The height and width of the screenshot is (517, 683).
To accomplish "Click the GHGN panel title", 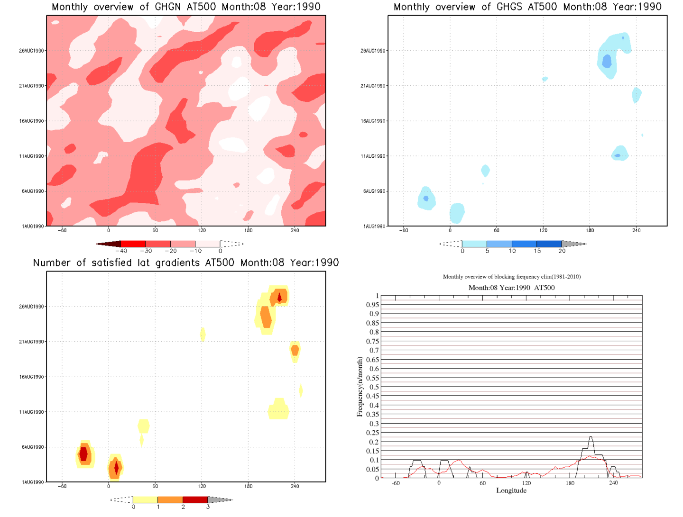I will tap(186, 7).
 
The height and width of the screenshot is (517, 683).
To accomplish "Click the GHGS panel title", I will tap(527, 7).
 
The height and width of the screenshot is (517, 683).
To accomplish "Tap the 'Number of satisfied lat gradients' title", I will tap(186, 263).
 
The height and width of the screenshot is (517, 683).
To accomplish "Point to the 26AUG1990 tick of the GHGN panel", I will tap(32, 51).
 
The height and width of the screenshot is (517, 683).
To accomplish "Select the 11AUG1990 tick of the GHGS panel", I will tap(373, 156).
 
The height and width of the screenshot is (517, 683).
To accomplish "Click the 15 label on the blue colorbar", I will tap(537, 251).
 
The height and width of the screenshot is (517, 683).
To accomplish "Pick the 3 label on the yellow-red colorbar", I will tap(208, 507).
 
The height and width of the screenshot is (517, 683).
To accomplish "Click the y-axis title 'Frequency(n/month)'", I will tap(360, 387).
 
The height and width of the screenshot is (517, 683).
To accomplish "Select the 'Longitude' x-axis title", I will tap(511, 490).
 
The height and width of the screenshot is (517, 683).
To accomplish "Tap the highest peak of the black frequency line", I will tap(591, 437).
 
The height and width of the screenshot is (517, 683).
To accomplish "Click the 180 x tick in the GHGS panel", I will tap(590, 230).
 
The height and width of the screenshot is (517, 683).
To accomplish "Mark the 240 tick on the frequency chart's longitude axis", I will tap(613, 483).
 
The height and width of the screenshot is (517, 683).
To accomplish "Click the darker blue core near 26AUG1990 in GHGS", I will tap(607, 61).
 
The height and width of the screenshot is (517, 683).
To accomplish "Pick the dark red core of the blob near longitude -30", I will tap(83, 454).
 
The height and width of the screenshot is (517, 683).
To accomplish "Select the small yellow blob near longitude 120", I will tap(203, 334).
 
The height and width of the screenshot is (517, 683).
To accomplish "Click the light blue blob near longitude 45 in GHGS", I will tap(485, 171).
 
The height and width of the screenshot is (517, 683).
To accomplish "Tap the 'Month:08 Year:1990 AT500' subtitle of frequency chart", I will tap(511, 288).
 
